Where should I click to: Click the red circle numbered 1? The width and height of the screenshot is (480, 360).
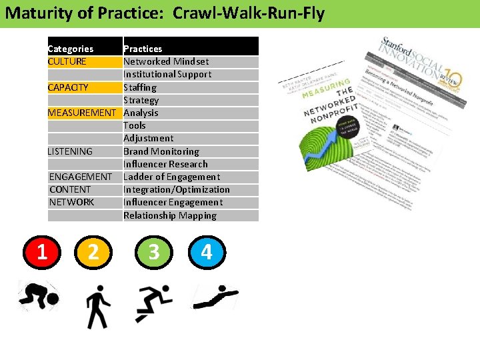coord(41,251)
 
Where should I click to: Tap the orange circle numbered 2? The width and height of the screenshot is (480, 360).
coord(93,251)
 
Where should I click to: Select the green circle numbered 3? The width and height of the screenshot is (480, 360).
coord(154,251)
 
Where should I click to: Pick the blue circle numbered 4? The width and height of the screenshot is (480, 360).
coord(206,251)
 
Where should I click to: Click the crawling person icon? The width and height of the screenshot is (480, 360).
coord(38,297)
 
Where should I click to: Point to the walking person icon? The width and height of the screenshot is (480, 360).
coord(98,306)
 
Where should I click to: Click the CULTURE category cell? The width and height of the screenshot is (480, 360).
coord(67,61)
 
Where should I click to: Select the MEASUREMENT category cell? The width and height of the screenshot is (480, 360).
coord(81,113)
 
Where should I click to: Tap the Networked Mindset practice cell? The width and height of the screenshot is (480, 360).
coord(166,61)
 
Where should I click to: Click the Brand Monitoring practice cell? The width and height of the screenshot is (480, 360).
coord(161,151)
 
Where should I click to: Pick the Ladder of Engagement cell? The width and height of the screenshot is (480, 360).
coord(171,177)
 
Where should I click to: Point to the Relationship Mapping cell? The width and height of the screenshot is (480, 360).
coord(170,215)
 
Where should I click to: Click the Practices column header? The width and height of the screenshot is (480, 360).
coord(143,49)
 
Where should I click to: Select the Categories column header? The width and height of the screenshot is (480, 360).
coord(71,49)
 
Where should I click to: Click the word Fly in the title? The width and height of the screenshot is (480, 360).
coord(312,13)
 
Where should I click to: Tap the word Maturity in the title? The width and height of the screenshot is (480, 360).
coord(34,13)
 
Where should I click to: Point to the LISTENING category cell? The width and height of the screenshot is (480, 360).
coord(70,151)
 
